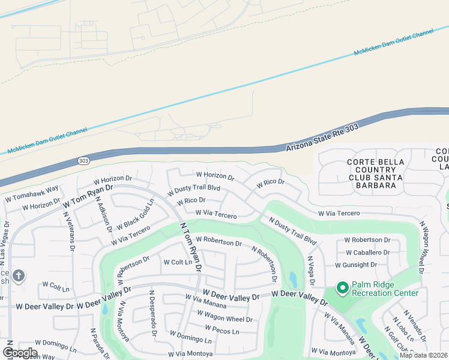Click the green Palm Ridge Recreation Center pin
342,289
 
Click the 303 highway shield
84,161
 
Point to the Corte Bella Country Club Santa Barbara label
372,174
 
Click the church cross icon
19,276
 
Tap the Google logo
20,352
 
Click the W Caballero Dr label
366,253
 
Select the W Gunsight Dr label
356,265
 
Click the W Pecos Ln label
221,330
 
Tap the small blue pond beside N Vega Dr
292,279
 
